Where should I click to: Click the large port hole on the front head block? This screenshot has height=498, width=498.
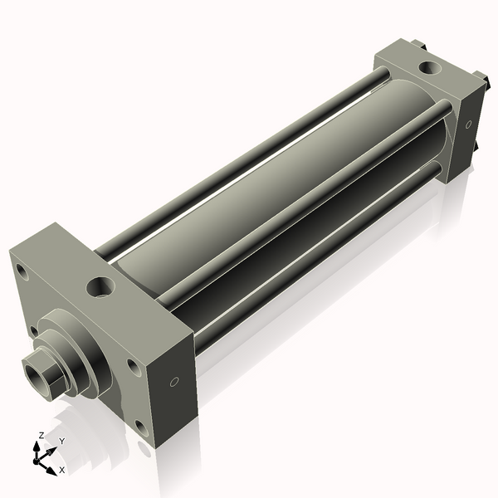pyautogui.click(x=100, y=287)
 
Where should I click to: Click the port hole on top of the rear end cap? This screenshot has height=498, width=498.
pyautogui.click(x=430, y=67)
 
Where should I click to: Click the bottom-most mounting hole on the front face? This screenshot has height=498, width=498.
pyautogui.click(x=142, y=428)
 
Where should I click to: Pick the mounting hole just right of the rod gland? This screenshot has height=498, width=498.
pyautogui.click(x=134, y=367)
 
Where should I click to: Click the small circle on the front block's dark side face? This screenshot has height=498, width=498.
pyautogui.click(x=174, y=382)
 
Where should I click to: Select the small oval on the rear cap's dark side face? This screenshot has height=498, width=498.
pyautogui.click(x=468, y=124)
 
